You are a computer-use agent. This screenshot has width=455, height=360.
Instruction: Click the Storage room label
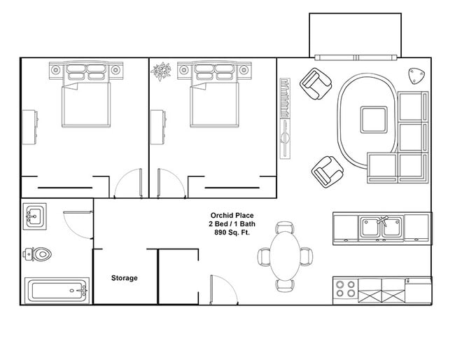(x=125, y=278)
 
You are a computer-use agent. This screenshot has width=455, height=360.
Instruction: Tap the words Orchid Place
(x=232, y=215)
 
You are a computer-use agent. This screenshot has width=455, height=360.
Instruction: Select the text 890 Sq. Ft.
(x=232, y=232)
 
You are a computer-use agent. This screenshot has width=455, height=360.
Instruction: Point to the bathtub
(x=57, y=290)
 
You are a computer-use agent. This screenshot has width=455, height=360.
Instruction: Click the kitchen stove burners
(x=345, y=289)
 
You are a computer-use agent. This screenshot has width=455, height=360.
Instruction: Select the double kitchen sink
(x=381, y=226)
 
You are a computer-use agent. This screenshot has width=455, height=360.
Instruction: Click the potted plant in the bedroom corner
(x=162, y=71)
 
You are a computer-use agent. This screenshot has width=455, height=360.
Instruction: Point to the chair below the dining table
(x=285, y=285)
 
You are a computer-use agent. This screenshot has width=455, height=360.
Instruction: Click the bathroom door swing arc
(x=76, y=224)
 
